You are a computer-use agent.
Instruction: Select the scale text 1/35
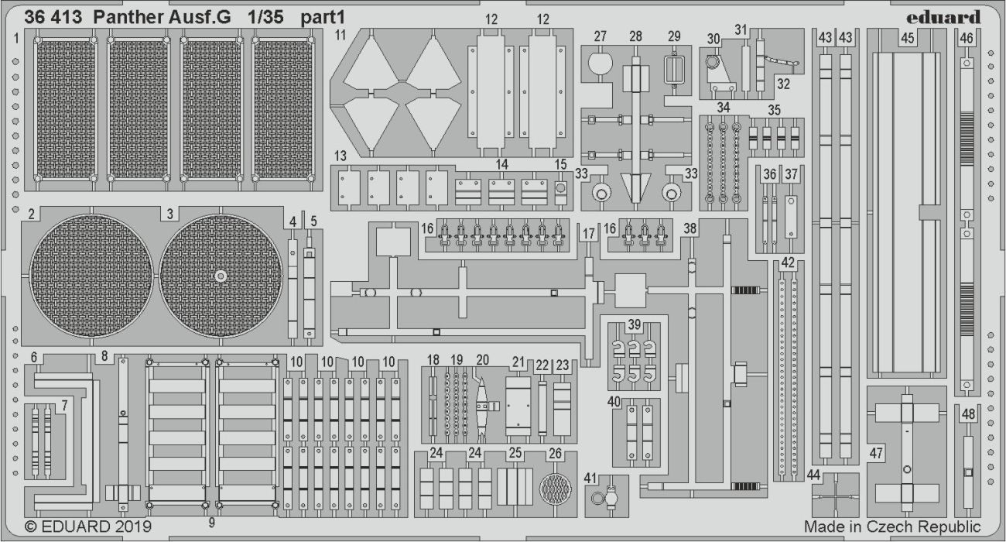[263, 17]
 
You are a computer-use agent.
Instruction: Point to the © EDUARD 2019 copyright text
[88, 527]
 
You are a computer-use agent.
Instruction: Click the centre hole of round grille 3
[221, 276]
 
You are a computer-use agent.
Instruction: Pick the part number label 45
[908, 37]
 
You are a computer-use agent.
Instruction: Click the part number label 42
[788, 262]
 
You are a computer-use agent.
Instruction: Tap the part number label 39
[635, 324]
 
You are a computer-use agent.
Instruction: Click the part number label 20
[483, 359]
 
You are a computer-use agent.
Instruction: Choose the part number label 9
[211, 523]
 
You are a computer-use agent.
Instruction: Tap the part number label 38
[690, 228]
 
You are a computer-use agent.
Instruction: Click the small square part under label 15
[560, 188]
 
